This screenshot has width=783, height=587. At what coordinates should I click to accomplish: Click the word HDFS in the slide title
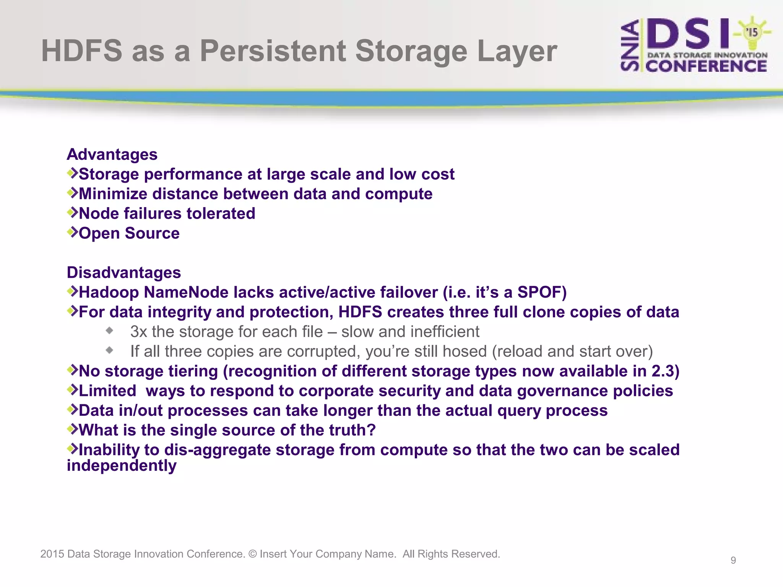(81, 51)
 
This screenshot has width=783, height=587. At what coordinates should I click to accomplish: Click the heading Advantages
(112, 155)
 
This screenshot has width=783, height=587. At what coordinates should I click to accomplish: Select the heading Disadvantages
(123, 273)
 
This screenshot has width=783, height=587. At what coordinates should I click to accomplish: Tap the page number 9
(733, 560)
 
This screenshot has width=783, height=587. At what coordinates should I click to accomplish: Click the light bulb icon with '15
(752, 32)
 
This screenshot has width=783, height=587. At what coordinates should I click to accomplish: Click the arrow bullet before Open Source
(72, 232)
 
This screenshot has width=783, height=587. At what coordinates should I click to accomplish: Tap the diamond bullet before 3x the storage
(110, 331)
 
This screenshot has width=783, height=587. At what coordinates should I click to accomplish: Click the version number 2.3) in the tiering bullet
(665, 371)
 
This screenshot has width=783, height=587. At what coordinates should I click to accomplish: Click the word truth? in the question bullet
(353, 430)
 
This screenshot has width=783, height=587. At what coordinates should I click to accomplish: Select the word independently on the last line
(122, 466)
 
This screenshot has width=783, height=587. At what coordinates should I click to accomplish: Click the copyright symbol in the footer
(252, 554)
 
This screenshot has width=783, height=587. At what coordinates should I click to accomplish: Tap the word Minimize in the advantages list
(113, 194)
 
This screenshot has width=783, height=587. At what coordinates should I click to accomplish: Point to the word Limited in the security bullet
(107, 391)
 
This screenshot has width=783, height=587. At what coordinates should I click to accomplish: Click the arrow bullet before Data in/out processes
(72, 409)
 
